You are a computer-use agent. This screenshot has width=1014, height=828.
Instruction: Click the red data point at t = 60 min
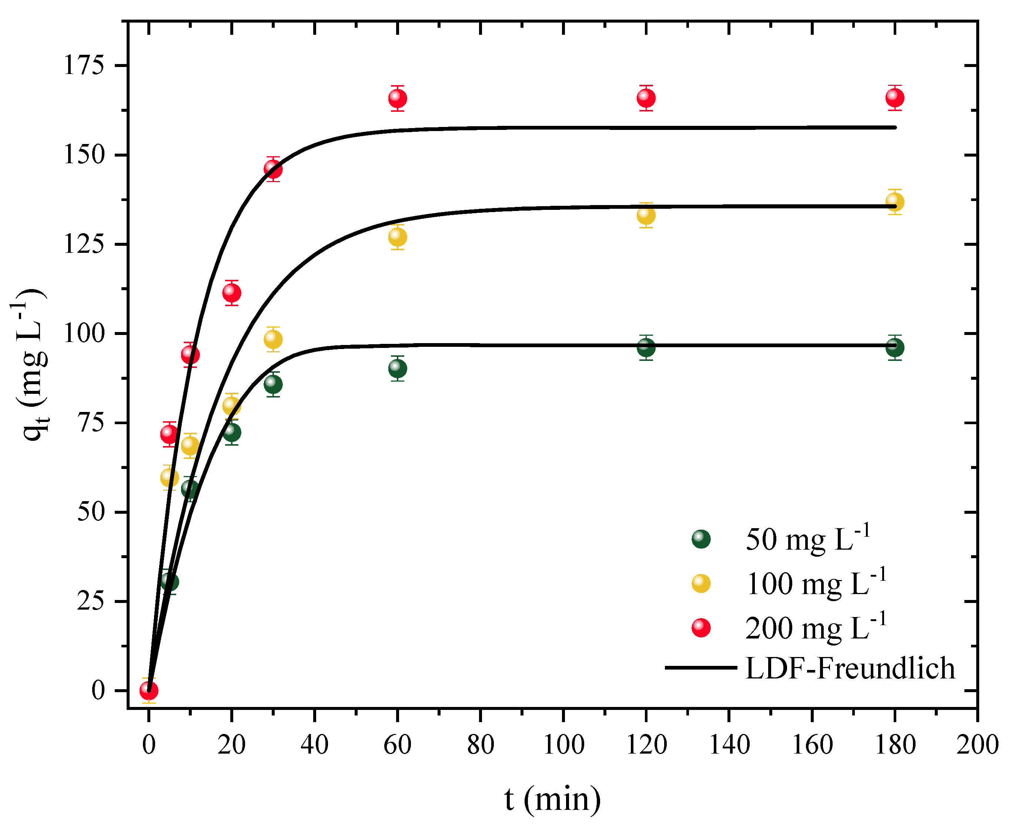point(397,98)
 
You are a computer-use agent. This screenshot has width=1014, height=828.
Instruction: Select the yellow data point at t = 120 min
point(646,215)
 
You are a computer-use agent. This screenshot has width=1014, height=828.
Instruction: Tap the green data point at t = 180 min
point(894,347)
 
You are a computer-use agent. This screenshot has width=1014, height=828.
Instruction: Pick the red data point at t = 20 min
point(231,292)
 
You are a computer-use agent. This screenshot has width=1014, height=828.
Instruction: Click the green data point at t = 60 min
point(397,368)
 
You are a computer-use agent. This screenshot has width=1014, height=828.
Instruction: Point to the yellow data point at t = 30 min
point(273,339)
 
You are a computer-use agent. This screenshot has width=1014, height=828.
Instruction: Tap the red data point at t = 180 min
point(894,97)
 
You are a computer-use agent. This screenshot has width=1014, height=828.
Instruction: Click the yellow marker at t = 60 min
point(397,237)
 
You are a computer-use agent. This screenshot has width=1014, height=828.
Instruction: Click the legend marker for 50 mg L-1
point(701,539)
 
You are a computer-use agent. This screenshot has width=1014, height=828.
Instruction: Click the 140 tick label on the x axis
point(729,744)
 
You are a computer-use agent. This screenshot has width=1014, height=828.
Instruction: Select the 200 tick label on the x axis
point(977,744)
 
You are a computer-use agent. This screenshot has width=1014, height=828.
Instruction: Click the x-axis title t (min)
point(552,799)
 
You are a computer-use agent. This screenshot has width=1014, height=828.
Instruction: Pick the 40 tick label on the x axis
point(314,744)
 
